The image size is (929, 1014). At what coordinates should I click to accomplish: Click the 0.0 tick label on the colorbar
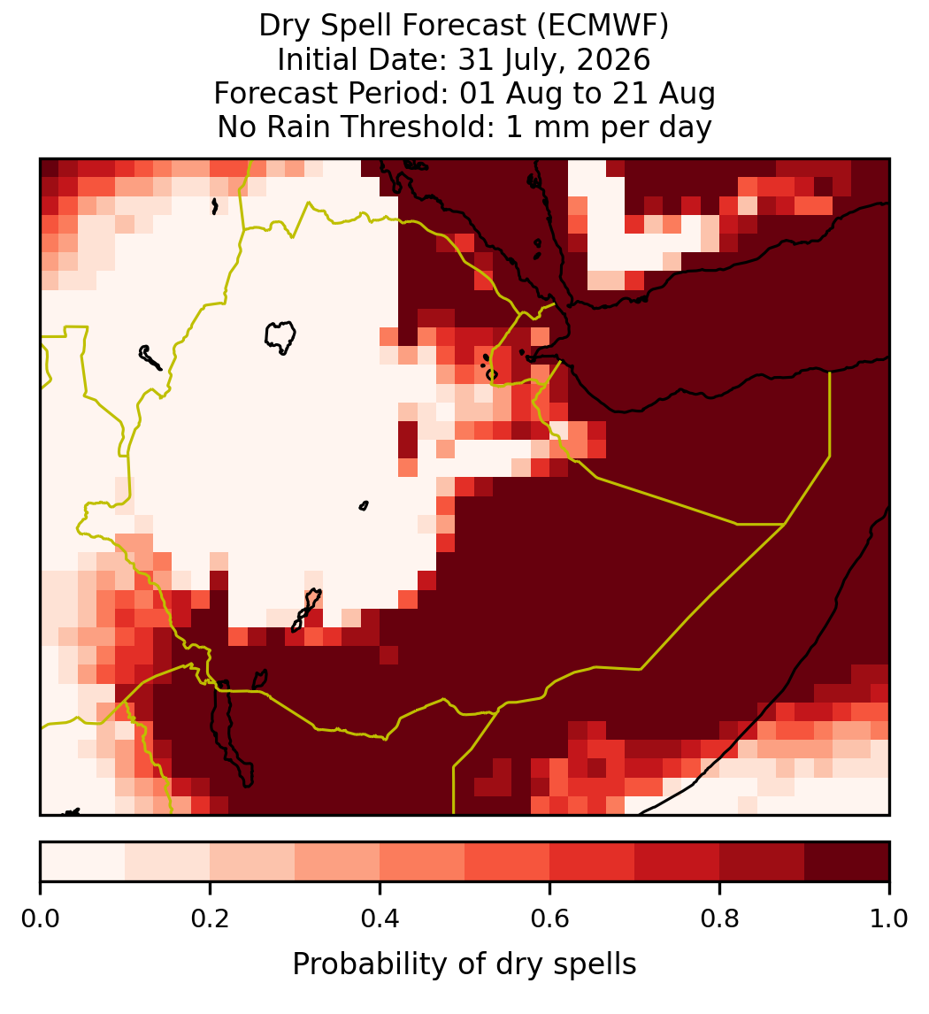[40, 919]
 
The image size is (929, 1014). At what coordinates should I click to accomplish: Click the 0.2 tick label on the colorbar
[210, 919]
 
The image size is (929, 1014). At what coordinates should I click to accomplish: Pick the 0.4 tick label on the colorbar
[380, 919]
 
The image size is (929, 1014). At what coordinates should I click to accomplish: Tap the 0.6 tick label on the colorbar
[550, 919]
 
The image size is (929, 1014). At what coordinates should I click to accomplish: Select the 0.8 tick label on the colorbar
[720, 919]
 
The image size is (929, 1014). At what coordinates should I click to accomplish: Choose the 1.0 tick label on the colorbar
[889, 919]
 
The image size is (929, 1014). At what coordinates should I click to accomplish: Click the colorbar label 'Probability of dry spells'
[464, 964]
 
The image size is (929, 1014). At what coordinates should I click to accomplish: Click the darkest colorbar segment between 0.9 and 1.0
[847, 862]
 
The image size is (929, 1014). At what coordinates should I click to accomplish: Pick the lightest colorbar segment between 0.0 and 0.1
[83, 862]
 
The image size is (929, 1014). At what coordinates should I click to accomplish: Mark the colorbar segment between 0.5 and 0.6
[508, 862]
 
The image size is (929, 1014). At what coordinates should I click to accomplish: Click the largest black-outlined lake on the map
[280, 336]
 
